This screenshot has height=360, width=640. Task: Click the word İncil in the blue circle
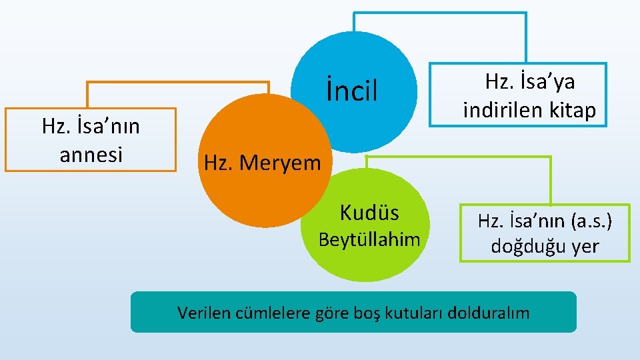[x=352, y=91]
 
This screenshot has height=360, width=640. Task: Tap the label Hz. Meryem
[x=262, y=163]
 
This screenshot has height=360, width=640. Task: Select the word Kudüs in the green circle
[x=369, y=213]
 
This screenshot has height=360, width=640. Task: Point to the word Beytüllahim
[x=369, y=239]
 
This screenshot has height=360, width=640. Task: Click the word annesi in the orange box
[x=91, y=155]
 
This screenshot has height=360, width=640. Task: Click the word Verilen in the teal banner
[x=204, y=312]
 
